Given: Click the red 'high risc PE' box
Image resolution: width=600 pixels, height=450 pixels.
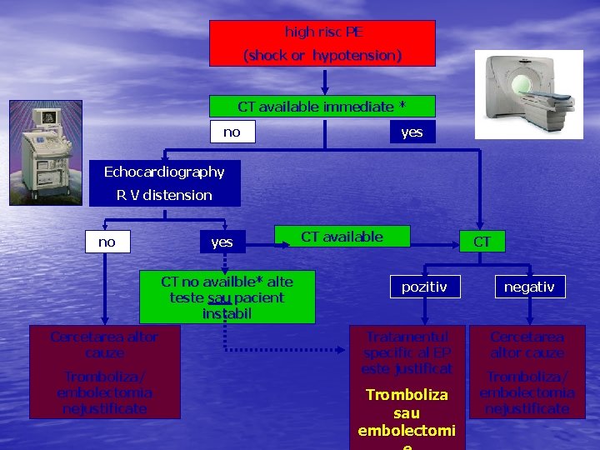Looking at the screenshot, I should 322,43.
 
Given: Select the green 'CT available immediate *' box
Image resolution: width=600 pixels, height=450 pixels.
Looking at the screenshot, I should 322,107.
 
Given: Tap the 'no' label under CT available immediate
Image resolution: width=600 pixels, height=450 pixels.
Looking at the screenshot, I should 232,132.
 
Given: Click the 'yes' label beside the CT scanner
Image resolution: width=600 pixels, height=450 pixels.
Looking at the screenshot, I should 412,132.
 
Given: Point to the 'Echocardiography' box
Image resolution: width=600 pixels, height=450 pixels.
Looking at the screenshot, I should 164,172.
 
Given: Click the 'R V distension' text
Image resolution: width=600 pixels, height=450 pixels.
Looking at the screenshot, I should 164,195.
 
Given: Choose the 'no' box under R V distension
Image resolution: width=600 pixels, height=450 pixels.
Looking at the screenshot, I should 107,242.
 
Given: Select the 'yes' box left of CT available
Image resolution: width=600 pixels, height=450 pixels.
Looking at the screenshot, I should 222,242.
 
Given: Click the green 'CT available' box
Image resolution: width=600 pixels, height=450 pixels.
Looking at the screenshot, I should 342,237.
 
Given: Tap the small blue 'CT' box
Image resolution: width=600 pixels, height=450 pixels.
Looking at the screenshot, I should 482,242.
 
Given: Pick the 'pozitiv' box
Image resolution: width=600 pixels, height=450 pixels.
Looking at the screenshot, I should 424,287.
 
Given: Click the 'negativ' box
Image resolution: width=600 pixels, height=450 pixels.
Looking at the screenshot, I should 529,287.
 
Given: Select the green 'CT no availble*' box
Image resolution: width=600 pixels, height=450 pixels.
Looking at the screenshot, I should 227,297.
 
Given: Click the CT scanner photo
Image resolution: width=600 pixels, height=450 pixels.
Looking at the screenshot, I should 529,93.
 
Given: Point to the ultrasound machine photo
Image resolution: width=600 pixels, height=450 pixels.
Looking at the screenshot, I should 45,152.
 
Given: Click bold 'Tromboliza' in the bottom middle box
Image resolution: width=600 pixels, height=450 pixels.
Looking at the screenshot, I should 407,394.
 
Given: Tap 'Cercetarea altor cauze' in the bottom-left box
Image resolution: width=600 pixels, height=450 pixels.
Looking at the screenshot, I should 104,344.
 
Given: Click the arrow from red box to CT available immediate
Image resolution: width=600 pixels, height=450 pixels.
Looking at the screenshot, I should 324,82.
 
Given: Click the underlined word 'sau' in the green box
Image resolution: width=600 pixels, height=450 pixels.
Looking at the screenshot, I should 219,297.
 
